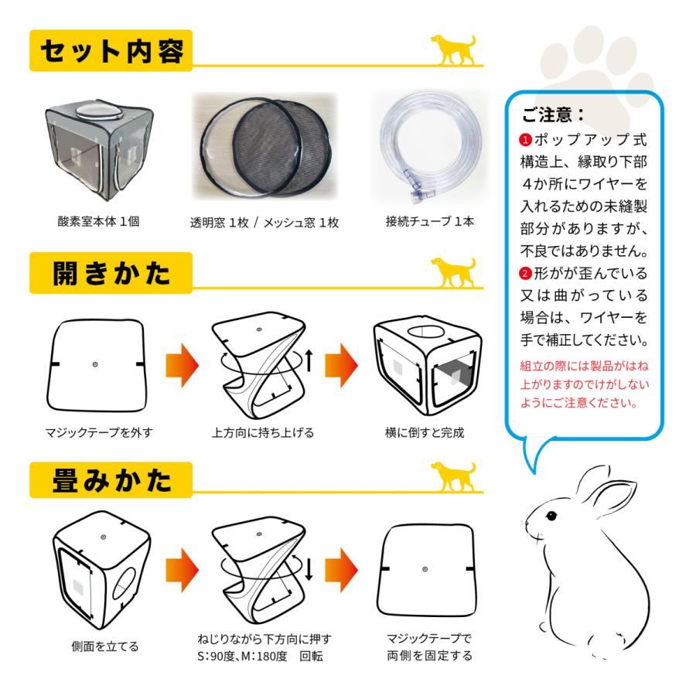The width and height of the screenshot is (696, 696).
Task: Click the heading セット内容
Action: coord(111,52)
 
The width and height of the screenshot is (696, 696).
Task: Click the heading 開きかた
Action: coord(111,274)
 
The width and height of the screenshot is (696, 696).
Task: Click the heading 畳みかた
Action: coord(111,480)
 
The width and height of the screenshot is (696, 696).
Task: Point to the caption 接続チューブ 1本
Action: coord(430,221)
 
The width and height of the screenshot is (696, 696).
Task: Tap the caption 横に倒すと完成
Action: coord(425,432)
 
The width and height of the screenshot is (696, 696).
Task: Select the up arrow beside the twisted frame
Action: coord(309,359)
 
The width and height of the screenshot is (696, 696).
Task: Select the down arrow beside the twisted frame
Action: coord(309,568)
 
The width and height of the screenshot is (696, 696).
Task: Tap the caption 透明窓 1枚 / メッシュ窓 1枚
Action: coord(264,223)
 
